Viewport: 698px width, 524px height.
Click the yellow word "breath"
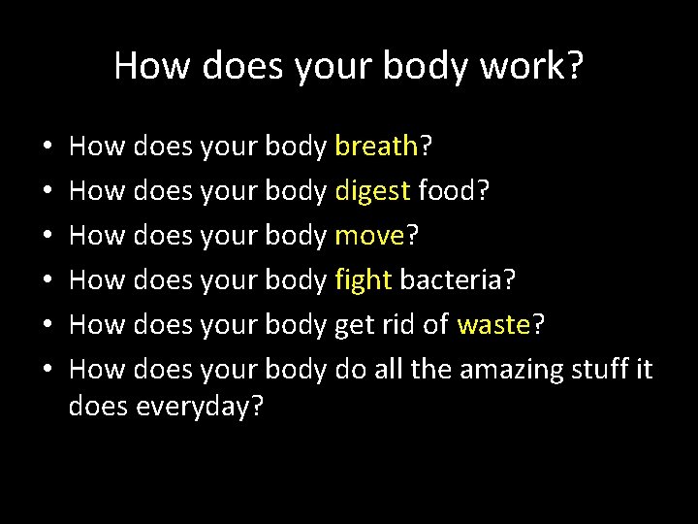(375, 147)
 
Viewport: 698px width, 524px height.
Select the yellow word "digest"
(372, 192)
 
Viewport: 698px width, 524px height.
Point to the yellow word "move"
(369, 237)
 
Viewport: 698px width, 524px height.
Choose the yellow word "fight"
(363, 281)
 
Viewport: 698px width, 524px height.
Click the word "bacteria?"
(458, 280)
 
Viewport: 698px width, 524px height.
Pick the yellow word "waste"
(493, 326)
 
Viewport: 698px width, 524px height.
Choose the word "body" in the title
(419, 66)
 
